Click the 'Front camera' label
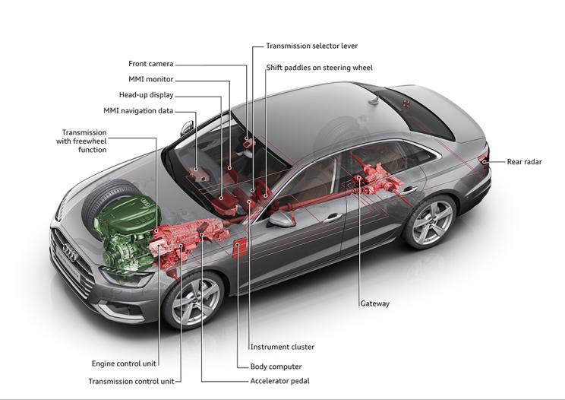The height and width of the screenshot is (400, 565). pos(150,64)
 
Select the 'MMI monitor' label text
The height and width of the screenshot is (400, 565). pos(150,79)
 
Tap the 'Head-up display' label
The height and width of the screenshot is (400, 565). pos(147,95)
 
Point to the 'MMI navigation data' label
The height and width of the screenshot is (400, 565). pos(138,111)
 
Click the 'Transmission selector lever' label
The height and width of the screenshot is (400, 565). pos(311,46)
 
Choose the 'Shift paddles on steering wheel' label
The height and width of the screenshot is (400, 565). pos(319,68)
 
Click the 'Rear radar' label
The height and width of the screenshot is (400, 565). pos(524,162)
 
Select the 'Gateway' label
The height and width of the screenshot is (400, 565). pos(375,303)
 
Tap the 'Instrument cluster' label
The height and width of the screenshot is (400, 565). pos(282,347)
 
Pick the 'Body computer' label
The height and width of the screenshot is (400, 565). pos(276,367)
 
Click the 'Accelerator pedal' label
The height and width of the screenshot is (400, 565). pos(279,381)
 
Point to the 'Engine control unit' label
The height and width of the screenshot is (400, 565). pos(124,363)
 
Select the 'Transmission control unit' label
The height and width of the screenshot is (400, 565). pos(131,381)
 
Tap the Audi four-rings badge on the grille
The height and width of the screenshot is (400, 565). pos(70,251)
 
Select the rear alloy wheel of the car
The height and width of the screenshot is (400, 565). pos(430,221)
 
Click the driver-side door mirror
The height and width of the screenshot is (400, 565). pos(282,220)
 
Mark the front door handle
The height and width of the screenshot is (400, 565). pos(333,217)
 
